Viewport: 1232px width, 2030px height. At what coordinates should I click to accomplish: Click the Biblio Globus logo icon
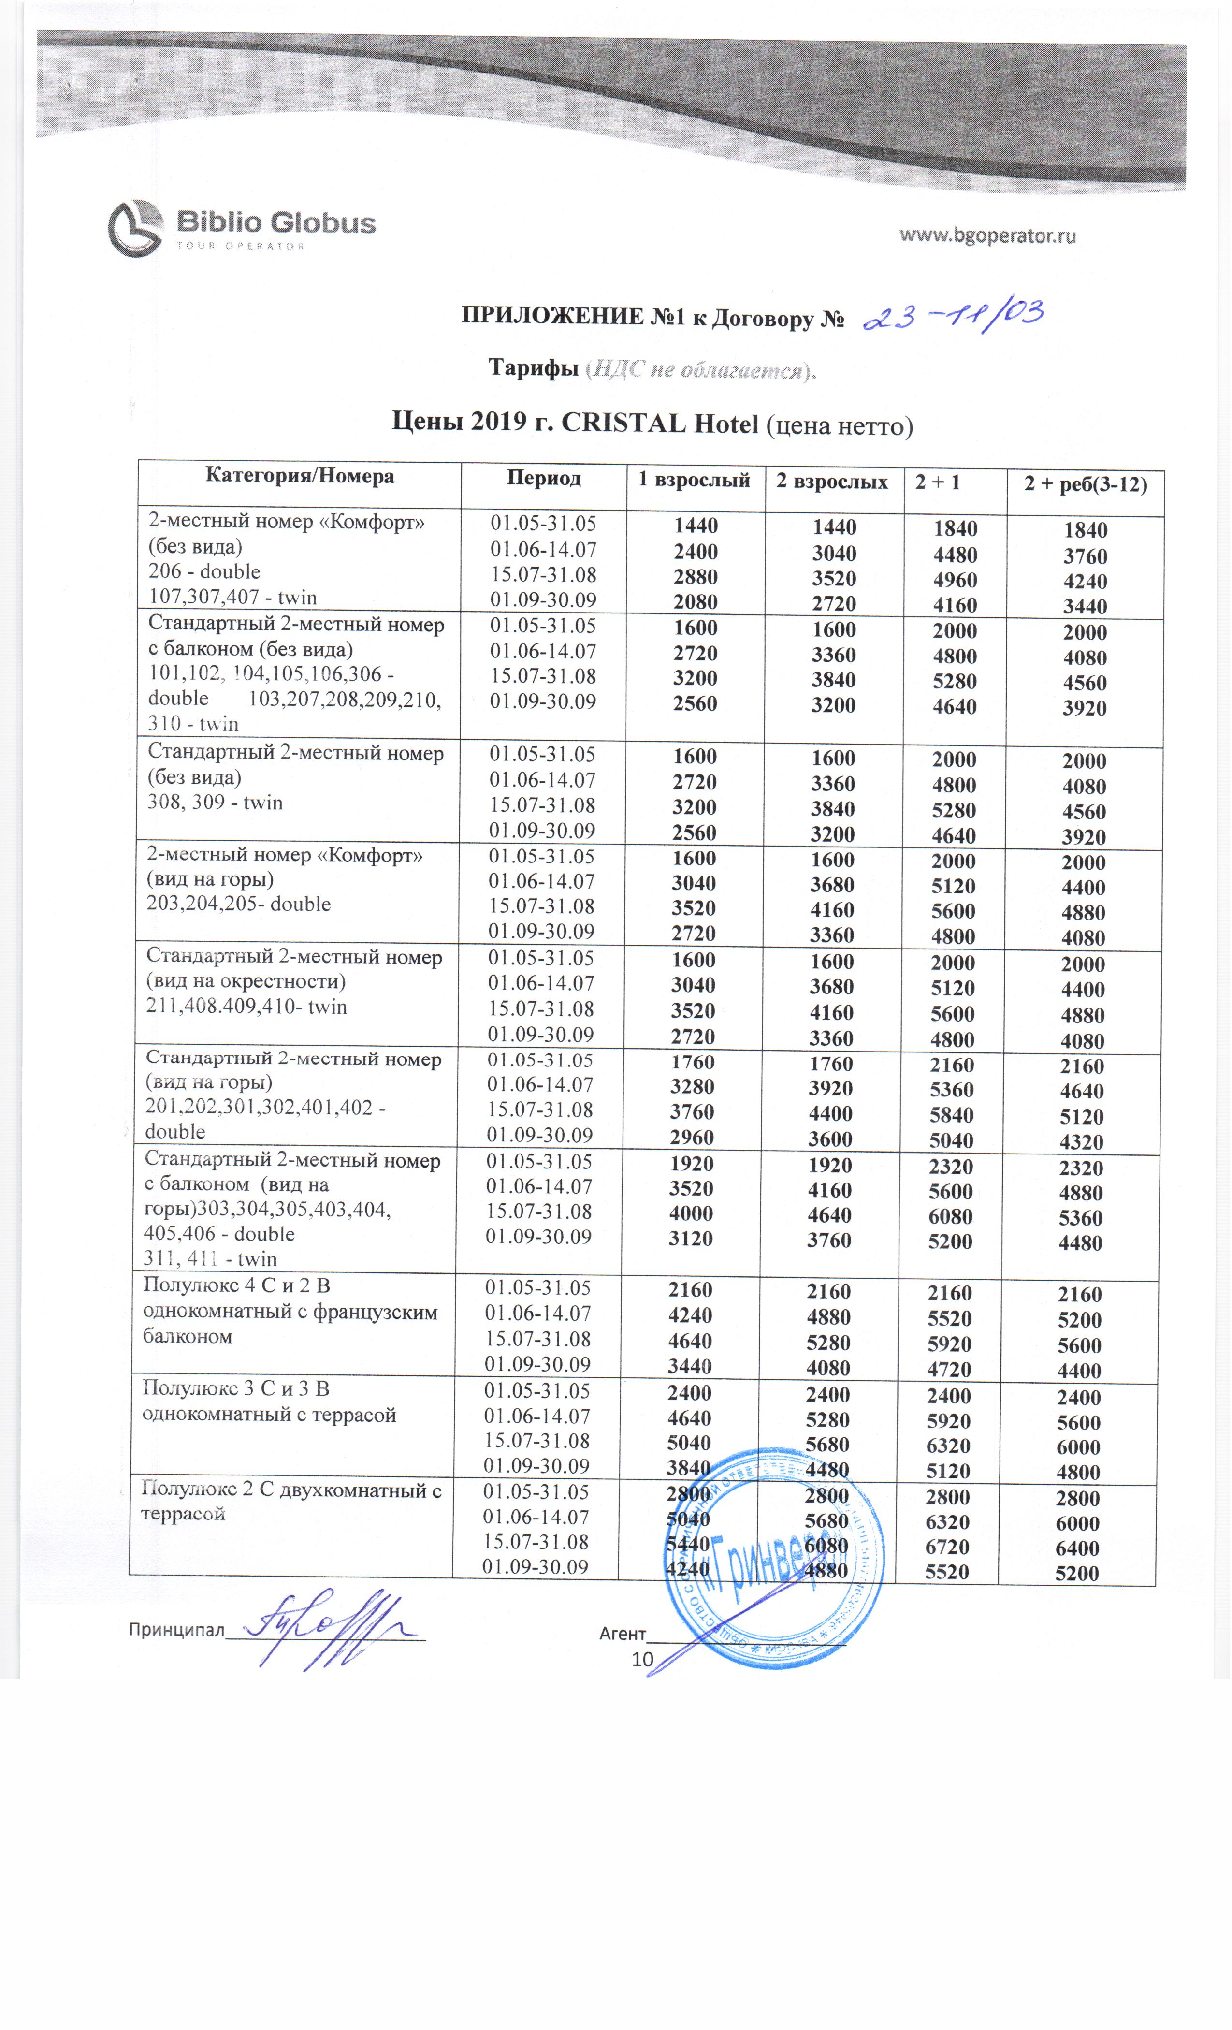(135, 228)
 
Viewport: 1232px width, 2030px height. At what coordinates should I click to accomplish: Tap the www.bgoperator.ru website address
(986, 235)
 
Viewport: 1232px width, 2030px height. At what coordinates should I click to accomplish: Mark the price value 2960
(692, 1137)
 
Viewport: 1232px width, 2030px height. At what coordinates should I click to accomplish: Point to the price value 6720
(947, 1547)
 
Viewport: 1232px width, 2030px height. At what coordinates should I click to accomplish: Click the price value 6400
(1078, 1548)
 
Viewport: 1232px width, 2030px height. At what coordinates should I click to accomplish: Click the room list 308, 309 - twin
(215, 803)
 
